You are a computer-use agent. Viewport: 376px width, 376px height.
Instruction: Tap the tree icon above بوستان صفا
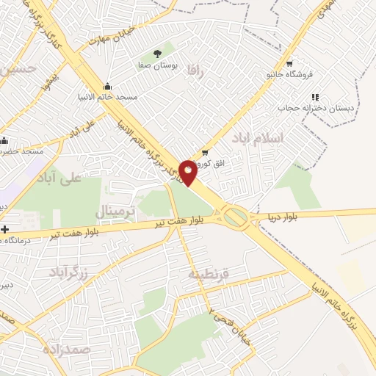click(x=157, y=53)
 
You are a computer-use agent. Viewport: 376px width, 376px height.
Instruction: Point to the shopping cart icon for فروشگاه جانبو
click(x=289, y=63)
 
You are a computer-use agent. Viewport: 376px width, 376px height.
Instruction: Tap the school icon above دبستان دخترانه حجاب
click(x=315, y=96)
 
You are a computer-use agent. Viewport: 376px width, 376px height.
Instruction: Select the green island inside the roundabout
click(x=236, y=216)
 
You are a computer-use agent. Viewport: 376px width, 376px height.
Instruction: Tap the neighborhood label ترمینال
click(x=116, y=212)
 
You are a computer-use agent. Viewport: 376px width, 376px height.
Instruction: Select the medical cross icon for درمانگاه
click(x=5, y=229)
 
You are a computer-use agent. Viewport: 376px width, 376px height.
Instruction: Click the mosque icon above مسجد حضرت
click(x=5, y=140)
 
